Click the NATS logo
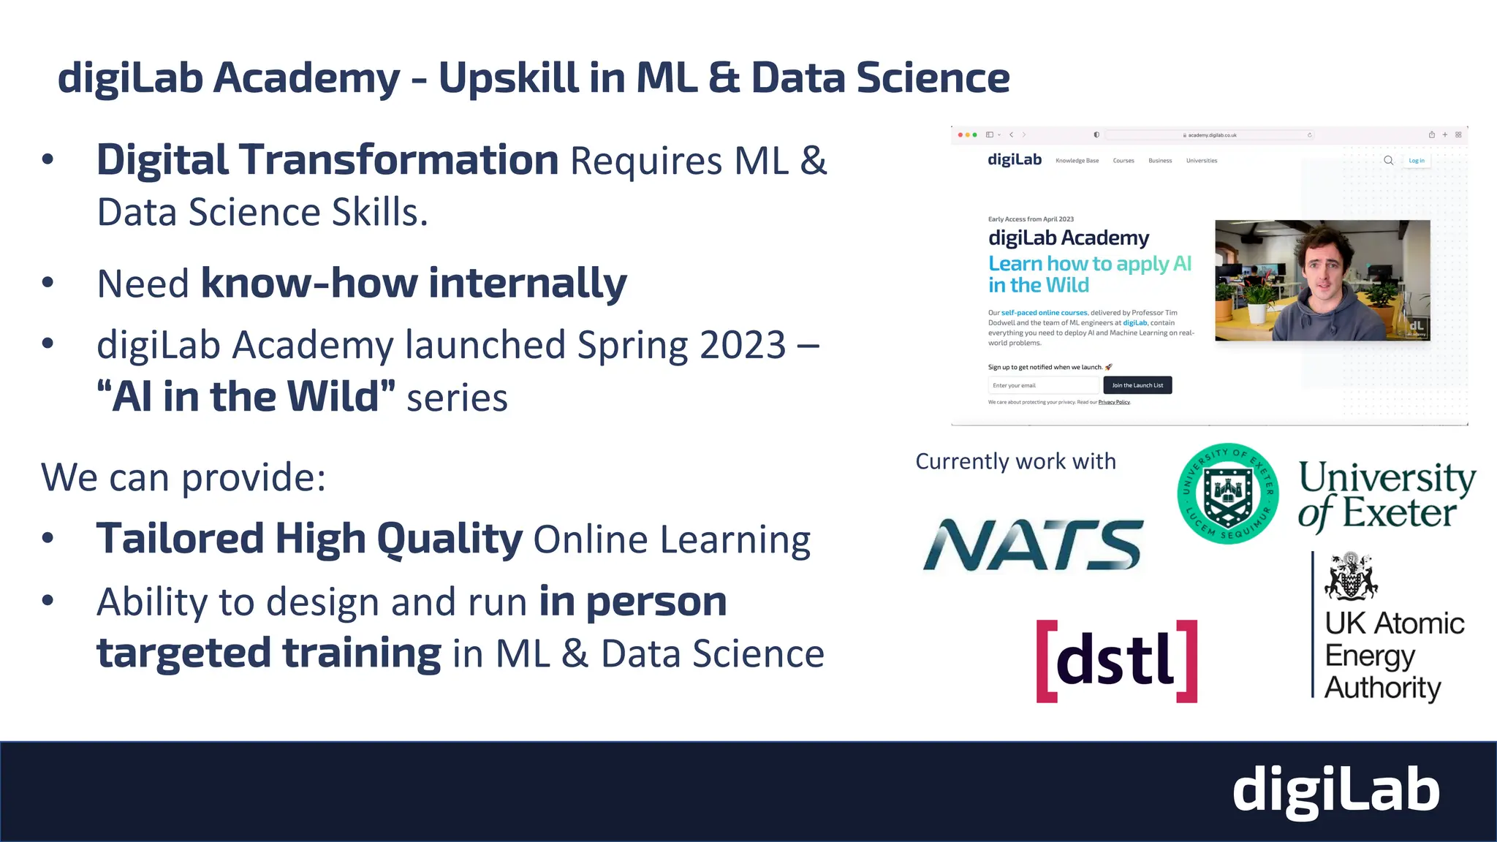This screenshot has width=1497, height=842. pos(1032,545)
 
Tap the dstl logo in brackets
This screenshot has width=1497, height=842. pos(1116,661)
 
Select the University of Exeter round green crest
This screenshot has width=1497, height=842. pos(1228,493)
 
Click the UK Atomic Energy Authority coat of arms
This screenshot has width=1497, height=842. pos(1351,576)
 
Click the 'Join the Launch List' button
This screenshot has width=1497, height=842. pos(1137,385)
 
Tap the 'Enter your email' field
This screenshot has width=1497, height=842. pos(1043,385)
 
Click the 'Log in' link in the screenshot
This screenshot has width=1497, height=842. pos(1417,161)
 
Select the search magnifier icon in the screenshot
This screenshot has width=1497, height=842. pos(1388,161)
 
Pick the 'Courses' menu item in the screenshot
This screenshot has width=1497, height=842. pos(1123,161)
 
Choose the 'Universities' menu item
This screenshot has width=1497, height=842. pos(1202,161)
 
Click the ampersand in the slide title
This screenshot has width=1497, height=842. pos(724,77)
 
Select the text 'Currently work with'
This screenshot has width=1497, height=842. pos(1015,462)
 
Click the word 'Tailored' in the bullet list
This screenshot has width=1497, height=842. pos(179,539)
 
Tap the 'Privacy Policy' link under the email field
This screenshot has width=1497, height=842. pos(1114,402)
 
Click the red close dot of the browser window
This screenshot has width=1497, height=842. pos(960,135)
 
